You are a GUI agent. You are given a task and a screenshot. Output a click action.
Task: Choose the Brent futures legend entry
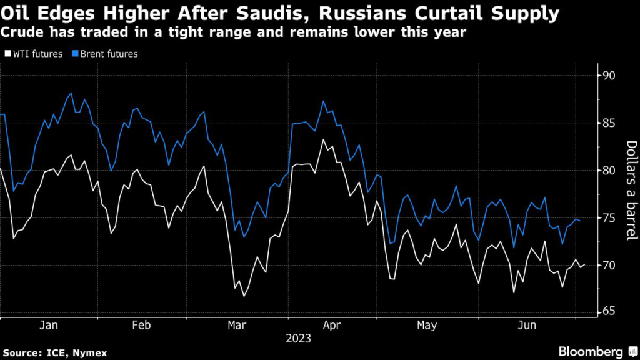pyautogui.click(x=106, y=54)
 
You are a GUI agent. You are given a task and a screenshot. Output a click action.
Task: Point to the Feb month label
pyautogui.click(x=142, y=326)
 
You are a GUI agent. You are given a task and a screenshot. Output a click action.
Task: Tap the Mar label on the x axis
pyautogui.click(x=237, y=326)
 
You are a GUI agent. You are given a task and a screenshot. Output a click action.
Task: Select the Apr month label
pyautogui.click(x=332, y=326)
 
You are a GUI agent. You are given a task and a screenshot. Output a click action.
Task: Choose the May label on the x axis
pyautogui.click(x=427, y=326)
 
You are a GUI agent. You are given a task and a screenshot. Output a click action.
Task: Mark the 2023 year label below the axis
pyautogui.click(x=298, y=339)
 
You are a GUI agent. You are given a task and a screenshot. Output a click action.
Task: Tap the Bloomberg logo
pyautogui.click(x=591, y=352)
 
